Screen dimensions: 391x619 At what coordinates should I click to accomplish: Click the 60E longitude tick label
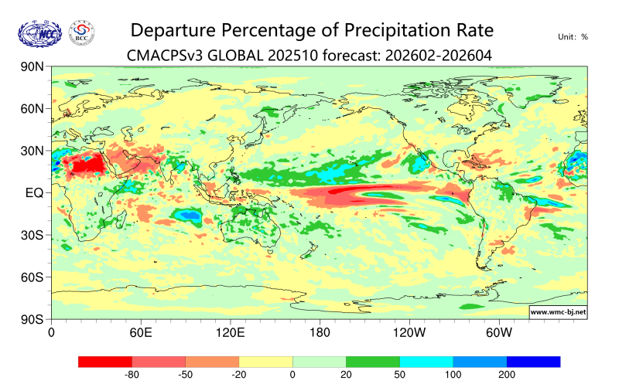pyautogui.click(x=140, y=333)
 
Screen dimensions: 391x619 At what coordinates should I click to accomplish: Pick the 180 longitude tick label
pyautogui.click(x=319, y=333)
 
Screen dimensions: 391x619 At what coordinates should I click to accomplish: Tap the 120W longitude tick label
pyautogui.click(x=409, y=333)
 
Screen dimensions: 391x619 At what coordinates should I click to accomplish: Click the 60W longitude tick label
pyautogui.click(x=498, y=333)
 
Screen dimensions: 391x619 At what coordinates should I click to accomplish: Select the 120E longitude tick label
pyautogui.click(x=230, y=333)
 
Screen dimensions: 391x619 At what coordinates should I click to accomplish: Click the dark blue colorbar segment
pyautogui.click(x=533, y=362)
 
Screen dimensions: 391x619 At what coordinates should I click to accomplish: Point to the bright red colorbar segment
pyautogui.click(x=105, y=362)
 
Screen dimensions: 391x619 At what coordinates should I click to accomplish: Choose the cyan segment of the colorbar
pyautogui.click(x=426, y=362)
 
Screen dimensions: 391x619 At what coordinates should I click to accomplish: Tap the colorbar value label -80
pyautogui.click(x=132, y=376)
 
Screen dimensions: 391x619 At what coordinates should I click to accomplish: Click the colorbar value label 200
pyautogui.click(x=506, y=376)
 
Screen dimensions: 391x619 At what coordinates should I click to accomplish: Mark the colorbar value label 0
pyautogui.click(x=292, y=376)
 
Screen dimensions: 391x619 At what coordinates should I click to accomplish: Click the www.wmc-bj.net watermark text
pyautogui.click(x=557, y=312)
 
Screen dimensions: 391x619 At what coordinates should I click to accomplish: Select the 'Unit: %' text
pyautogui.click(x=573, y=36)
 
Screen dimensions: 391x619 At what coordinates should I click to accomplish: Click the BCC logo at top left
pyautogui.click(x=82, y=32)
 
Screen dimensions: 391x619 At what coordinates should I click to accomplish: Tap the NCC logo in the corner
pyautogui.click(x=39, y=32)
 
